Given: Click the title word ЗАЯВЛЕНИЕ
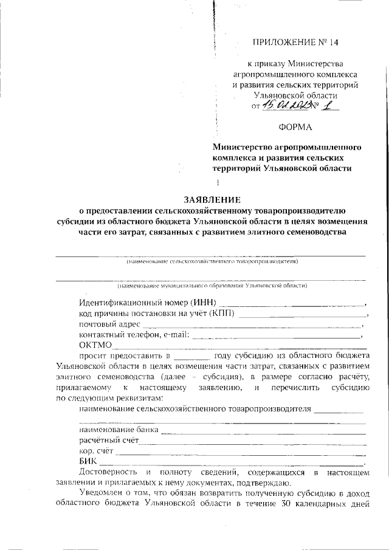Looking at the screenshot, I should tap(213, 199).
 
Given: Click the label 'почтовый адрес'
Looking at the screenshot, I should tap(106, 325).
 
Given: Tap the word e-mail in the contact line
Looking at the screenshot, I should tap(176, 335).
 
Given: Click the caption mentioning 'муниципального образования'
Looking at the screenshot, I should tap(213, 284).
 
